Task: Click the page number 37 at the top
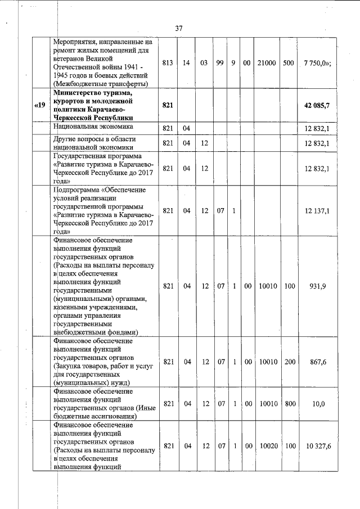point(179,28)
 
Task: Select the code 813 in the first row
point(167,63)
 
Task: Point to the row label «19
point(39,105)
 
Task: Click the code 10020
point(267,445)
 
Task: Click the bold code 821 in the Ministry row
point(167,105)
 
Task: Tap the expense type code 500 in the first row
point(289,63)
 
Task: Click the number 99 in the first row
point(220,63)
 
